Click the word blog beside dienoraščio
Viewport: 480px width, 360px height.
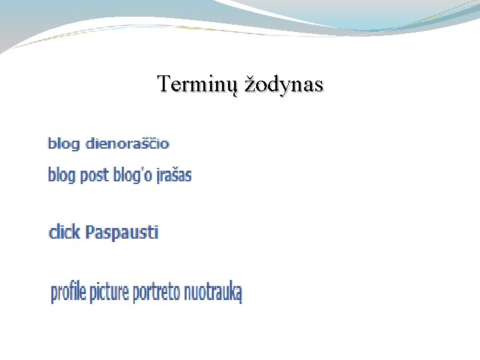point(63,143)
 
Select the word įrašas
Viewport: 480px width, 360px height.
point(173,175)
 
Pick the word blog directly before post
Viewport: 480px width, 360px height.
point(62,175)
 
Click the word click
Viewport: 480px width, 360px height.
point(65,233)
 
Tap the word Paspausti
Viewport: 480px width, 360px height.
point(121,233)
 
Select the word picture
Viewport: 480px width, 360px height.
point(109,292)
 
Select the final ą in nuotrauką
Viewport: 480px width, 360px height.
point(237,294)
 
